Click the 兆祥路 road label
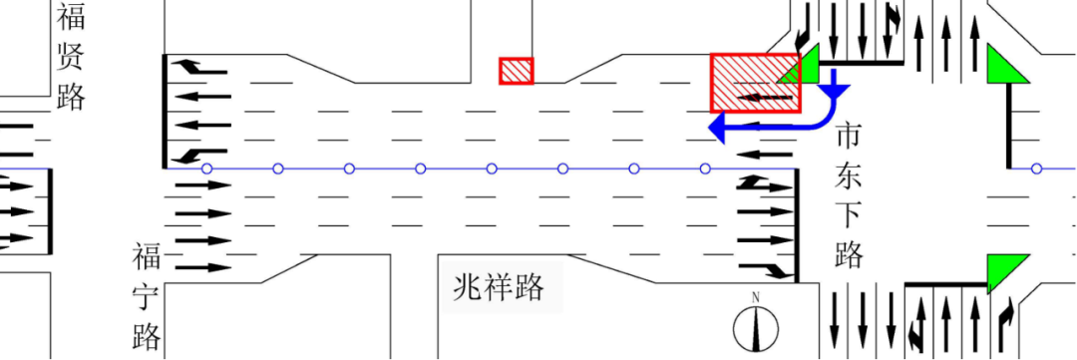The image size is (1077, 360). (x=499, y=287)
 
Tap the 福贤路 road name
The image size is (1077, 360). (x=71, y=56)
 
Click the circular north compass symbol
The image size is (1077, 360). (x=756, y=329)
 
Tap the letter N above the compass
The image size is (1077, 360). (x=756, y=297)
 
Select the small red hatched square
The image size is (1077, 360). (x=516, y=71)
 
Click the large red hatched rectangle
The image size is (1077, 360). (x=756, y=83)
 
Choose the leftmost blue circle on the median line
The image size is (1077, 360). (x=206, y=169)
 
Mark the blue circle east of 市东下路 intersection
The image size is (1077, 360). (x=1036, y=169)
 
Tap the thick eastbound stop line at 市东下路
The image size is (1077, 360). (x=797, y=225)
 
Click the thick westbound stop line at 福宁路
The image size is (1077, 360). (x=165, y=111)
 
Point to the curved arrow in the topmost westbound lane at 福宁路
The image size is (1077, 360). (x=199, y=67)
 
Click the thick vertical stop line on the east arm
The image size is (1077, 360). (x=1009, y=125)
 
